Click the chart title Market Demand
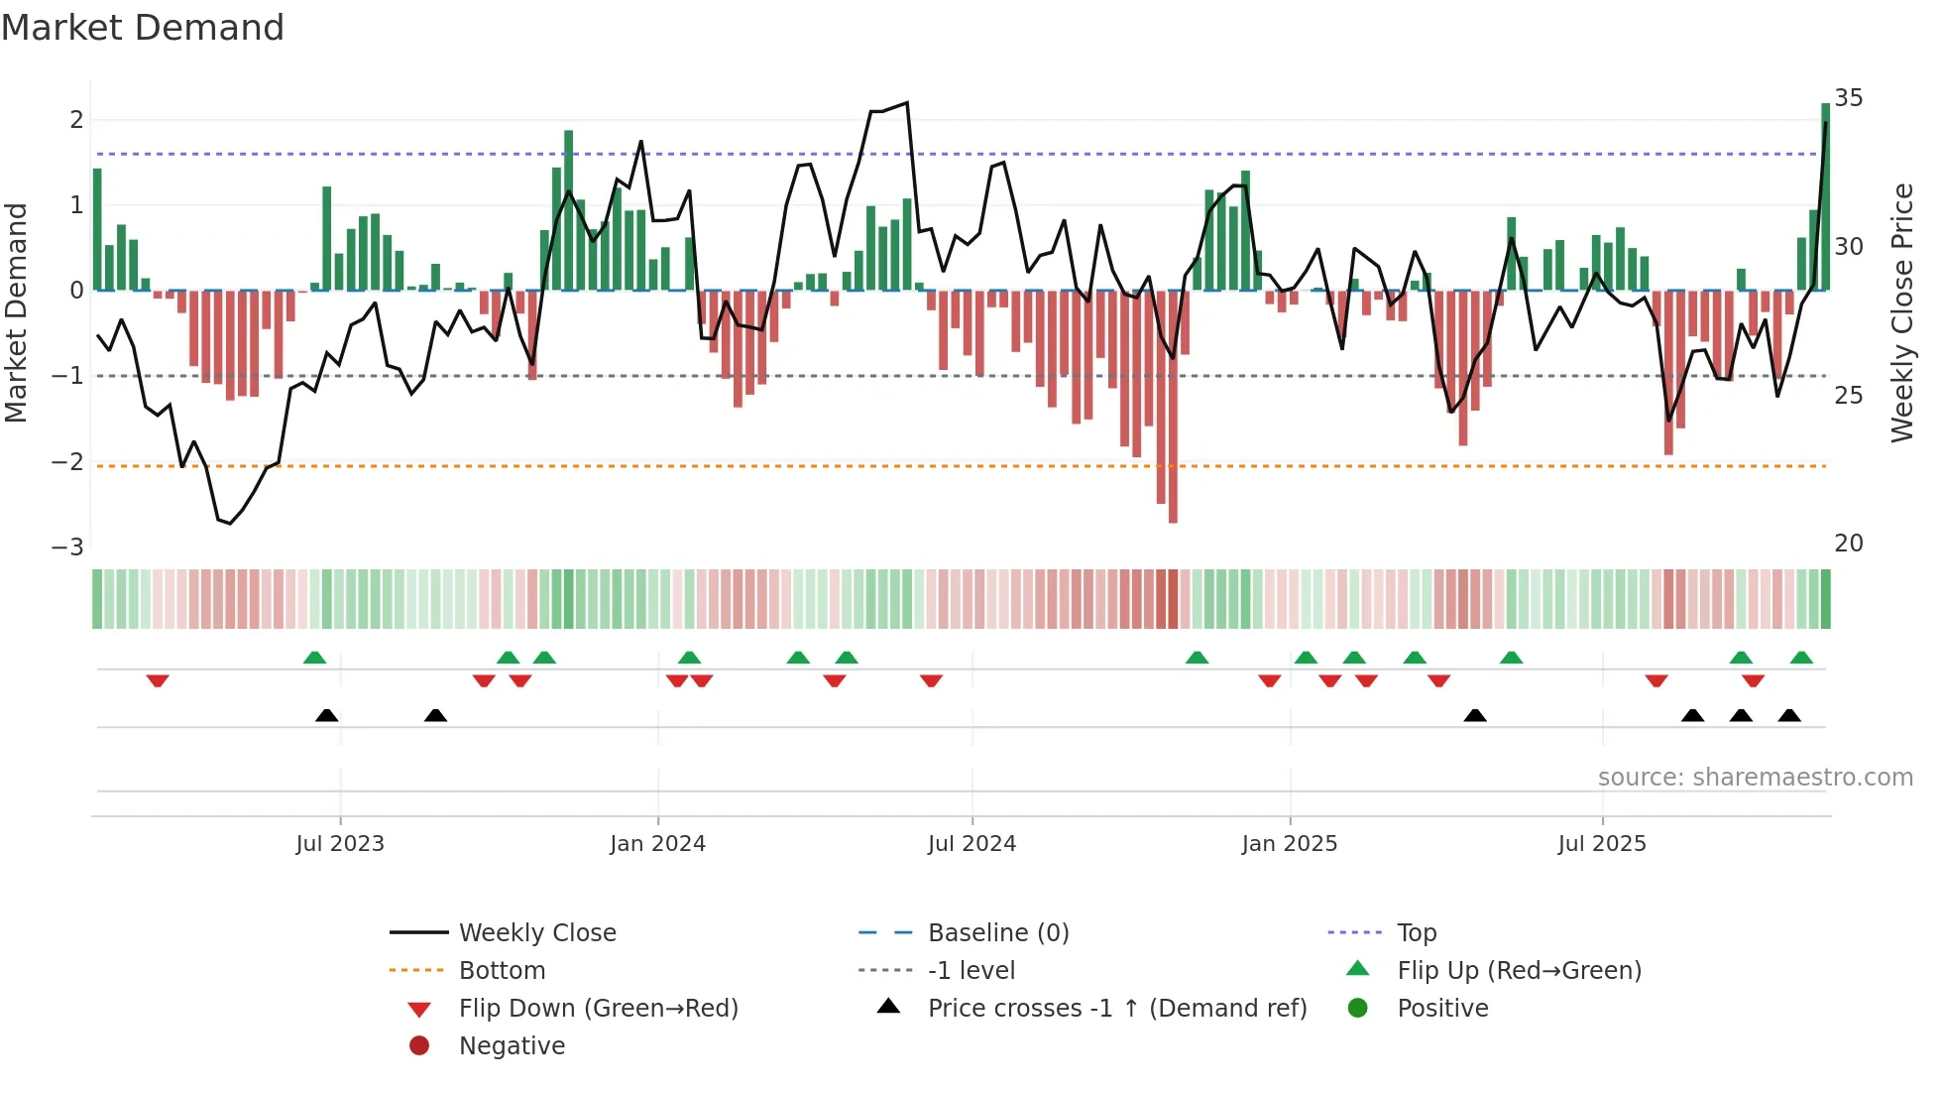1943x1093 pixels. pos(143,28)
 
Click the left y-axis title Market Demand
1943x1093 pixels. pos(17,313)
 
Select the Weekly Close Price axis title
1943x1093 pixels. pos(1901,313)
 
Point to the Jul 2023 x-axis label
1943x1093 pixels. pos(340,844)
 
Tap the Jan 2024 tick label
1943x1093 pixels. pos(657,844)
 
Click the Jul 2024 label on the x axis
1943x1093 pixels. pos(971,844)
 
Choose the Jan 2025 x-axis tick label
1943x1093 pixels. pos(1289,844)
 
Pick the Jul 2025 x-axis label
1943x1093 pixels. pos(1602,844)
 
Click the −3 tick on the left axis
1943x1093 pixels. pos(68,547)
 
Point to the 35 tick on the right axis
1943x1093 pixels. pos(1849,98)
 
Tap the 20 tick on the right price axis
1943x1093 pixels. pos(1849,544)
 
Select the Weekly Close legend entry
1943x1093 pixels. pos(537,933)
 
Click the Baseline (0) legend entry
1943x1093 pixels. pos(997,933)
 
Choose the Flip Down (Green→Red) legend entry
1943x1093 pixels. pos(598,1009)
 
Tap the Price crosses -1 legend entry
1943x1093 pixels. pos(1116,1009)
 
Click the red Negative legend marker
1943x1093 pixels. pos(419,1046)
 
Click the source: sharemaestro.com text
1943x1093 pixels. pos(1755,778)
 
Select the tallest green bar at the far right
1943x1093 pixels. pos(1825,198)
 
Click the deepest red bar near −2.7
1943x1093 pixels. pos(1173,417)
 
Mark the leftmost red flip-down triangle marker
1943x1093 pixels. pos(158,680)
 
